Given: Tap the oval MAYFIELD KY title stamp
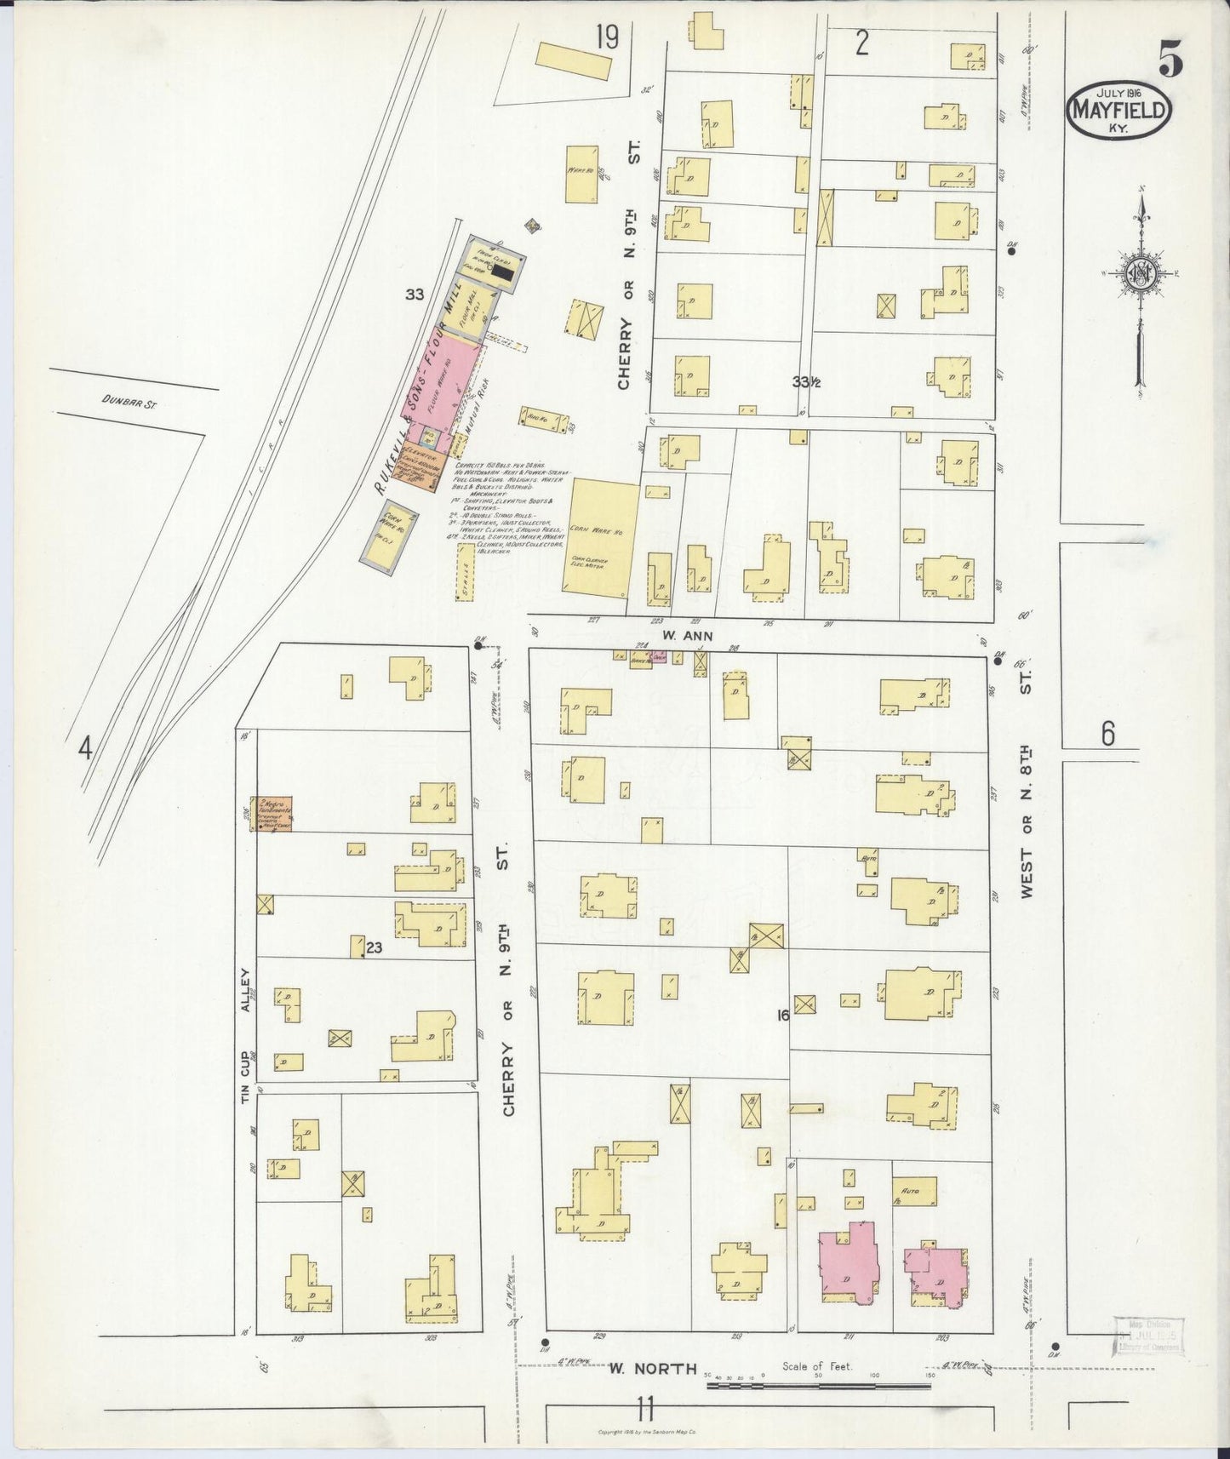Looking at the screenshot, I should click(1119, 110).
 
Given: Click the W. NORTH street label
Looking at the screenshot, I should click(653, 1368).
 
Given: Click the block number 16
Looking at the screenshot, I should click(782, 1015).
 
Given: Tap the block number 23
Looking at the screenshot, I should click(375, 947).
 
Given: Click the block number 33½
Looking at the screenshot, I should click(805, 382).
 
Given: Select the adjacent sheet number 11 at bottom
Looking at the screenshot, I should click(644, 1409).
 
